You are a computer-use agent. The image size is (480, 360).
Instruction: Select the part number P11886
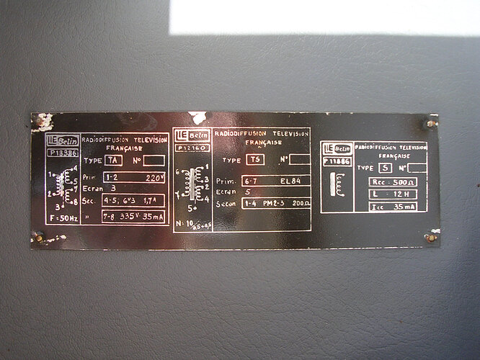337,162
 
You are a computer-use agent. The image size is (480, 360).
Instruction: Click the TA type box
114,161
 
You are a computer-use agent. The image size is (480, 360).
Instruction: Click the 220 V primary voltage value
154,177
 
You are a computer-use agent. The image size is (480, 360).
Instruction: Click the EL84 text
296,181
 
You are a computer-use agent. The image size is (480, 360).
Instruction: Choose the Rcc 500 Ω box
392,182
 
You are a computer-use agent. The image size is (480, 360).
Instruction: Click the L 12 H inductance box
392,195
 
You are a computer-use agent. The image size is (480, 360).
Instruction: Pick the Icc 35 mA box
392,207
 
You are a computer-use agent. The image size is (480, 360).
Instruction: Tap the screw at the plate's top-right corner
431,123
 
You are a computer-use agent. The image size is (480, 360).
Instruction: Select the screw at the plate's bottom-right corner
431,237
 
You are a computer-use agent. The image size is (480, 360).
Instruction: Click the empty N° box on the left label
154,161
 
